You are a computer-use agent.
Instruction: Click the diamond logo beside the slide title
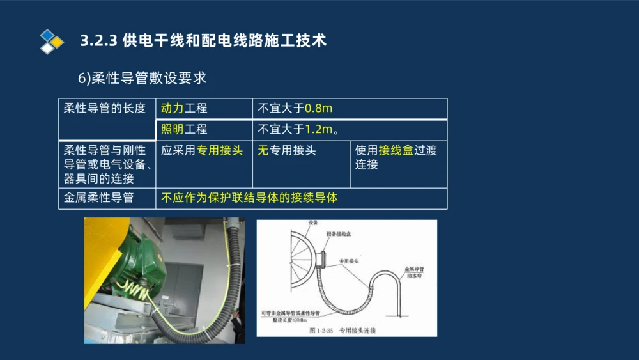pyautogui.click(x=52, y=41)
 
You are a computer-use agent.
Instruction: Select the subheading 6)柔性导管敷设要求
pyautogui.click(x=142, y=78)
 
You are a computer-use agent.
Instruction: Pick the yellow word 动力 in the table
pyautogui.click(x=172, y=109)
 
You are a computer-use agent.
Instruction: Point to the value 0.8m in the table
pyautogui.click(x=318, y=109)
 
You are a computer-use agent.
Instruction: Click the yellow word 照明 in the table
pyautogui.click(x=172, y=129)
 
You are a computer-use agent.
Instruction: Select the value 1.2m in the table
pyautogui.click(x=318, y=129)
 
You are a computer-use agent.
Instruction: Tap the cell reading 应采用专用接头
pyautogui.click(x=202, y=151)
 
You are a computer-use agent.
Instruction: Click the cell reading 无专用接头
pyautogui.click(x=287, y=151)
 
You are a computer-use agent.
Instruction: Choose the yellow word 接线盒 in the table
pyautogui.click(x=396, y=151)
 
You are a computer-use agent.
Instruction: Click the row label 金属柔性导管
pyautogui.click(x=98, y=198)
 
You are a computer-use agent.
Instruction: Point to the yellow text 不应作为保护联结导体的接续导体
pyautogui.click(x=249, y=198)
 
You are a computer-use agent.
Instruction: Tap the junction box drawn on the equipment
pyautogui.click(x=322, y=259)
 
